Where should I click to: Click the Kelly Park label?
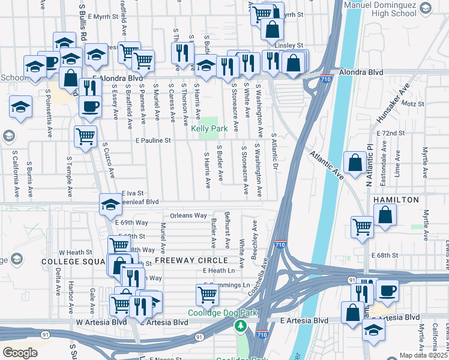click(x=209, y=128)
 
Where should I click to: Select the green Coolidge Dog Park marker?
click(x=241, y=326)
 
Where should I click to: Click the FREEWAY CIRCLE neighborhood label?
click(x=191, y=260)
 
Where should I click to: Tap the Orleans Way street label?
click(x=188, y=215)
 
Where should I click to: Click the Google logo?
click(x=20, y=352)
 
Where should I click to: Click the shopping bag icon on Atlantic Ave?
click(x=355, y=161)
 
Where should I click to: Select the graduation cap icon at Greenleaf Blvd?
click(x=110, y=205)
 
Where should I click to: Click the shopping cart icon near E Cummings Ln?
click(x=207, y=294)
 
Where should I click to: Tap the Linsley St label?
click(x=289, y=45)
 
